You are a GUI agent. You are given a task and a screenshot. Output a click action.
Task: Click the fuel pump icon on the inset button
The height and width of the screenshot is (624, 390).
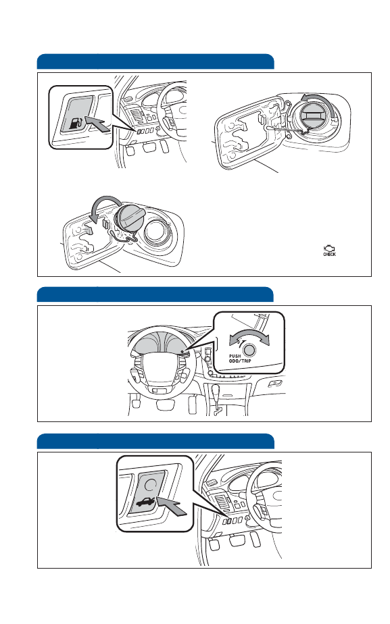click(x=77, y=123)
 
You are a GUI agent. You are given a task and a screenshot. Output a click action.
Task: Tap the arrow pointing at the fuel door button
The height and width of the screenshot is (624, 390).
click(x=97, y=123)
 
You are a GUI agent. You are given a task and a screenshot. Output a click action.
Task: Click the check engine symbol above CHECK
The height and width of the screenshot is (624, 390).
click(x=329, y=249)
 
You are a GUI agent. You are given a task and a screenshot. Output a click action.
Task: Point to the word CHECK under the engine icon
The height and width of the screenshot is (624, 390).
click(x=329, y=255)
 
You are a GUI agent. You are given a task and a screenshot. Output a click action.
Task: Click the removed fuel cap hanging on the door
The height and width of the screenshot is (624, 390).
click(x=128, y=219)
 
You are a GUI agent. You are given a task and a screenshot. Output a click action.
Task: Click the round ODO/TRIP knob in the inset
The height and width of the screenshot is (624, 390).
click(x=249, y=350)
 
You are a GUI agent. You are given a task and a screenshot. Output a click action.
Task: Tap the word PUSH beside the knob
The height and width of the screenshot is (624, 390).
click(x=235, y=356)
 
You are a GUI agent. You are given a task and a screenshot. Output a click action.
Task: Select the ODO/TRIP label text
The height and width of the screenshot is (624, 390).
click(x=240, y=361)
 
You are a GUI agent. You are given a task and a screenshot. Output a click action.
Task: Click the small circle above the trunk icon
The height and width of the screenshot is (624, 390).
click(x=151, y=484)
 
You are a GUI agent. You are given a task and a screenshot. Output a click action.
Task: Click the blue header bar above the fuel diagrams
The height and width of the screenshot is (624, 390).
click(x=155, y=61)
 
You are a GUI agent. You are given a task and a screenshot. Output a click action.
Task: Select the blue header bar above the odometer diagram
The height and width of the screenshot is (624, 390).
click(x=155, y=294)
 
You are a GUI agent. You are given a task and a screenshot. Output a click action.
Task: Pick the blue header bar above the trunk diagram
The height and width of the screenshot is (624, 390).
click(x=155, y=442)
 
